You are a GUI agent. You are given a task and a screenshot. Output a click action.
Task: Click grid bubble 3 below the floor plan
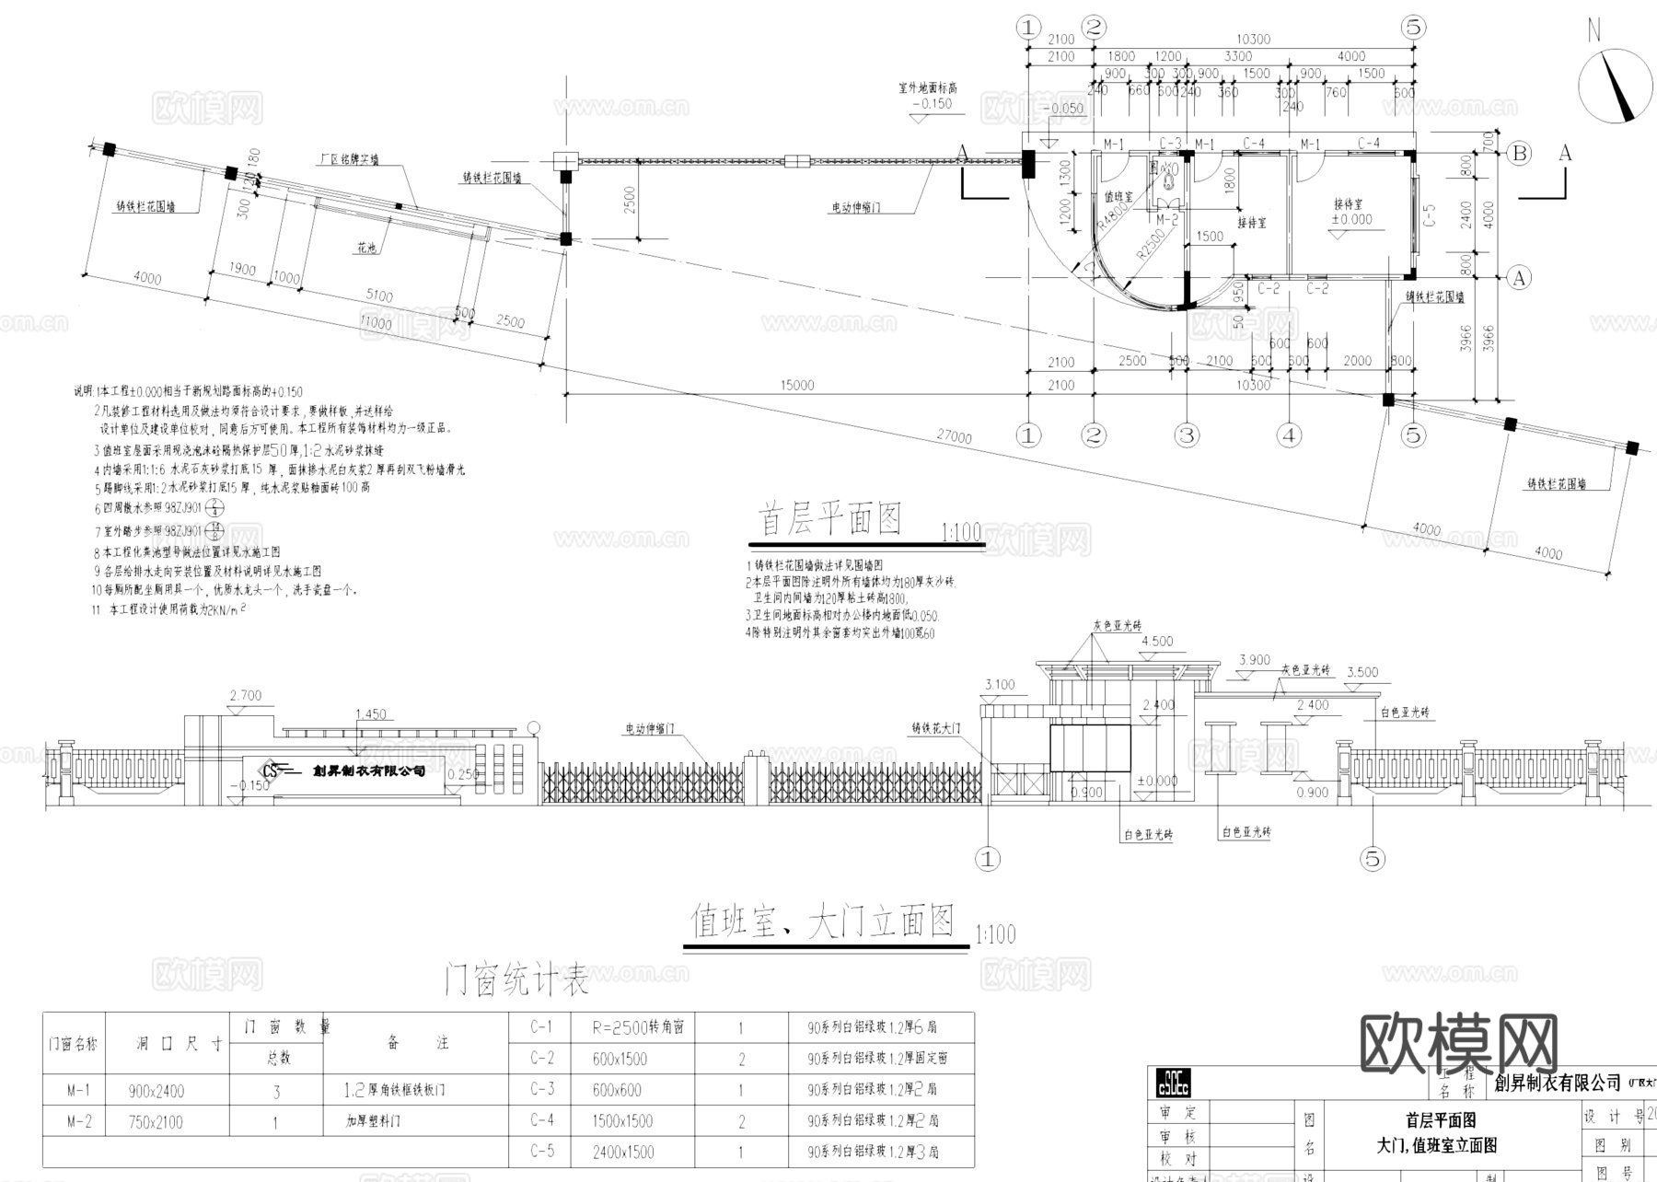point(1187,435)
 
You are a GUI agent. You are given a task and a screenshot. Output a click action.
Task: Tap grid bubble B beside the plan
point(1519,154)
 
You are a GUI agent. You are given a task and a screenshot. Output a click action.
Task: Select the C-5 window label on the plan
point(1430,215)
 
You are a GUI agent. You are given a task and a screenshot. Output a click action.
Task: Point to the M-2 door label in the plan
point(1166,219)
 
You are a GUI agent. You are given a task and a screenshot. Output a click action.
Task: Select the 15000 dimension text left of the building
point(796,385)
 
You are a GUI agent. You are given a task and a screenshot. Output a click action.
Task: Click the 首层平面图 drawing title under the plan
point(828,519)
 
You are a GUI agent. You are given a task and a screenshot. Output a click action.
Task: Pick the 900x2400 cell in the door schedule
point(156,1092)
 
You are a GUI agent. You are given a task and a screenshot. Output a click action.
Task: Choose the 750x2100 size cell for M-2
point(156,1122)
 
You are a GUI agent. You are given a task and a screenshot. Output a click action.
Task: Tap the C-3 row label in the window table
point(542,1090)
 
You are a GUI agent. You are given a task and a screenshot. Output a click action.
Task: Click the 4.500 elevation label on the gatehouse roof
point(1157,642)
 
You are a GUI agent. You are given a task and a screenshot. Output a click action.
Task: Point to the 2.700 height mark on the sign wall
point(246,696)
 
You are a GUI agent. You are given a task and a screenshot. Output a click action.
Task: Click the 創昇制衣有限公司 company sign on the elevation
point(368,771)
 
